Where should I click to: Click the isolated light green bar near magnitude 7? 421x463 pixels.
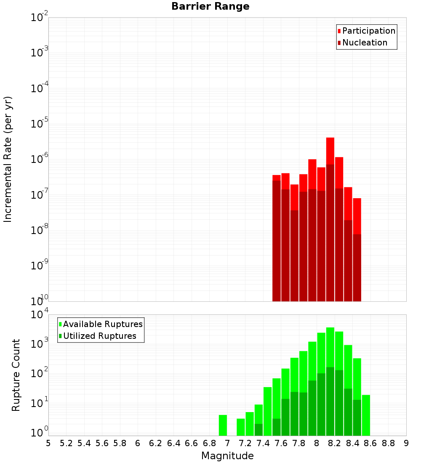click(x=223, y=425)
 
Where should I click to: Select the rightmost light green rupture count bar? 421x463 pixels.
click(x=366, y=415)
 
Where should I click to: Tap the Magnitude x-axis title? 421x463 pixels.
click(x=227, y=456)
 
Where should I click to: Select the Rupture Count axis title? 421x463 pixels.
click(x=16, y=375)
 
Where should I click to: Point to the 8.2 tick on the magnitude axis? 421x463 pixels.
click(x=335, y=443)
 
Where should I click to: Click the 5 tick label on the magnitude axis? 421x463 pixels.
click(x=48, y=443)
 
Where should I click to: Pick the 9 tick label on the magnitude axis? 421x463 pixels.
click(x=406, y=443)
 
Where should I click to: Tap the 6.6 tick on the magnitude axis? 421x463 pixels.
click(x=192, y=443)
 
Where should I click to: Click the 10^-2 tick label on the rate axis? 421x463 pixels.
click(x=39, y=18)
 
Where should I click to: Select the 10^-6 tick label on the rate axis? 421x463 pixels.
click(x=39, y=160)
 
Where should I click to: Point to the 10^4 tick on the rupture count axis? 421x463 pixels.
click(x=39, y=315)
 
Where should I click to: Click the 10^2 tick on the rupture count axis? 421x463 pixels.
click(x=39, y=374)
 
